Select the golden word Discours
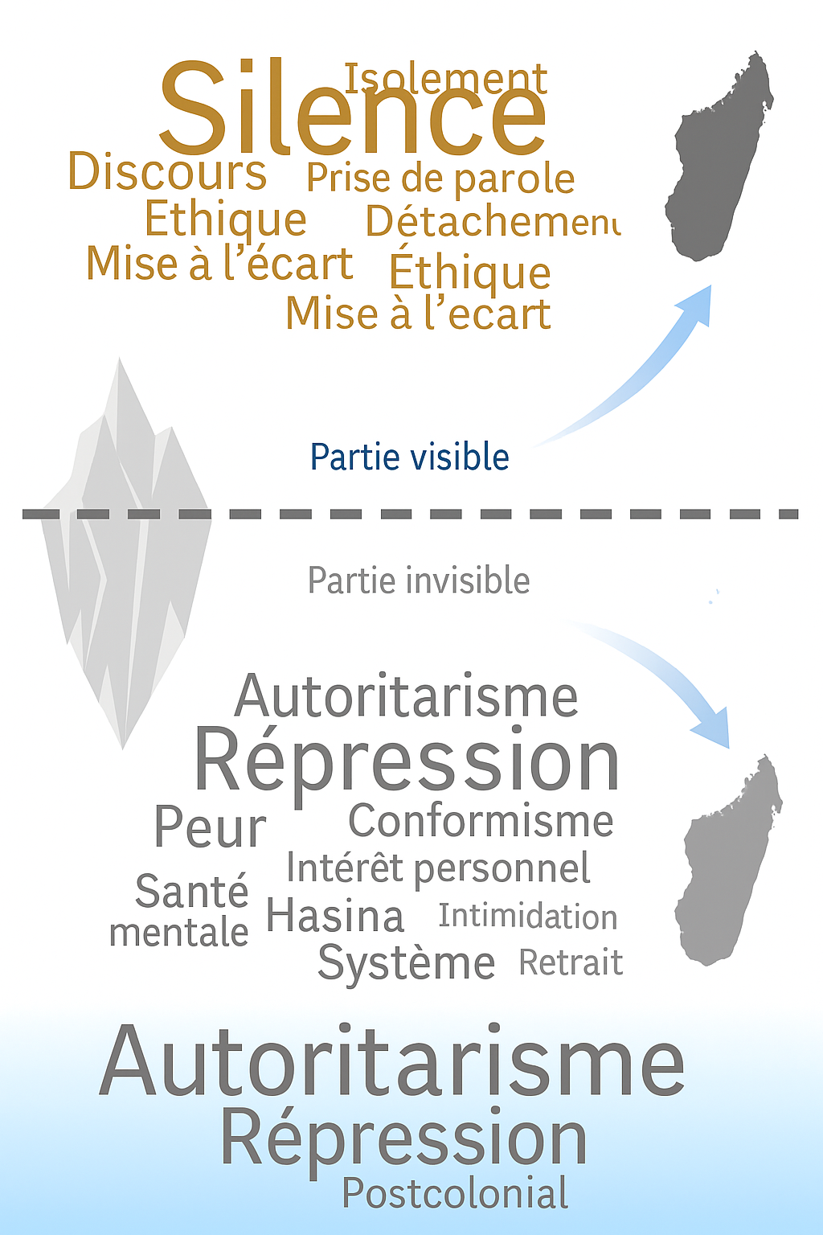point(167,172)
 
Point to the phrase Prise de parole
point(440,178)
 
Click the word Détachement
point(492,221)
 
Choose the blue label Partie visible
point(410,457)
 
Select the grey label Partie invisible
point(419,581)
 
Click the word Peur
point(210,827)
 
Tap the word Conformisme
point(481,821)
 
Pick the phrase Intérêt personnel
point(438,868)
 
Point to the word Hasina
point(334,917)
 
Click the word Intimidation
point(528,917)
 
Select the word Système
point(406,963)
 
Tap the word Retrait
point(571,962)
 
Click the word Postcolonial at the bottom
point(456,1193)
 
